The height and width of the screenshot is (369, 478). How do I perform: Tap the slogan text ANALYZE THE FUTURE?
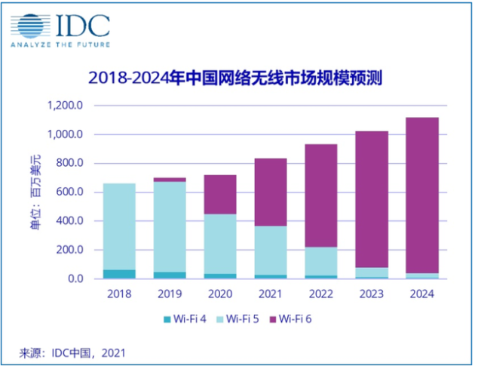[x=60, y=45]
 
